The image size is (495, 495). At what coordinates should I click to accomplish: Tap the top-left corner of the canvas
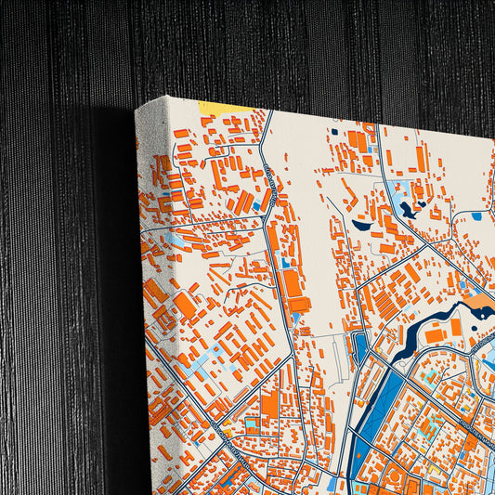(x=137, y=109)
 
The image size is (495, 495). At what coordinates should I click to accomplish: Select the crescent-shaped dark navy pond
(x=361, y=224)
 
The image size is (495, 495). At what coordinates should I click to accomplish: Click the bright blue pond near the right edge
(x=476, y=215)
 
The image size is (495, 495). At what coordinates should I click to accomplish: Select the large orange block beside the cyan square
(x=270, y=405)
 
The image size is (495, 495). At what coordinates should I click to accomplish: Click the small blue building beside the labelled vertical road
(x=285, y=264)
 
